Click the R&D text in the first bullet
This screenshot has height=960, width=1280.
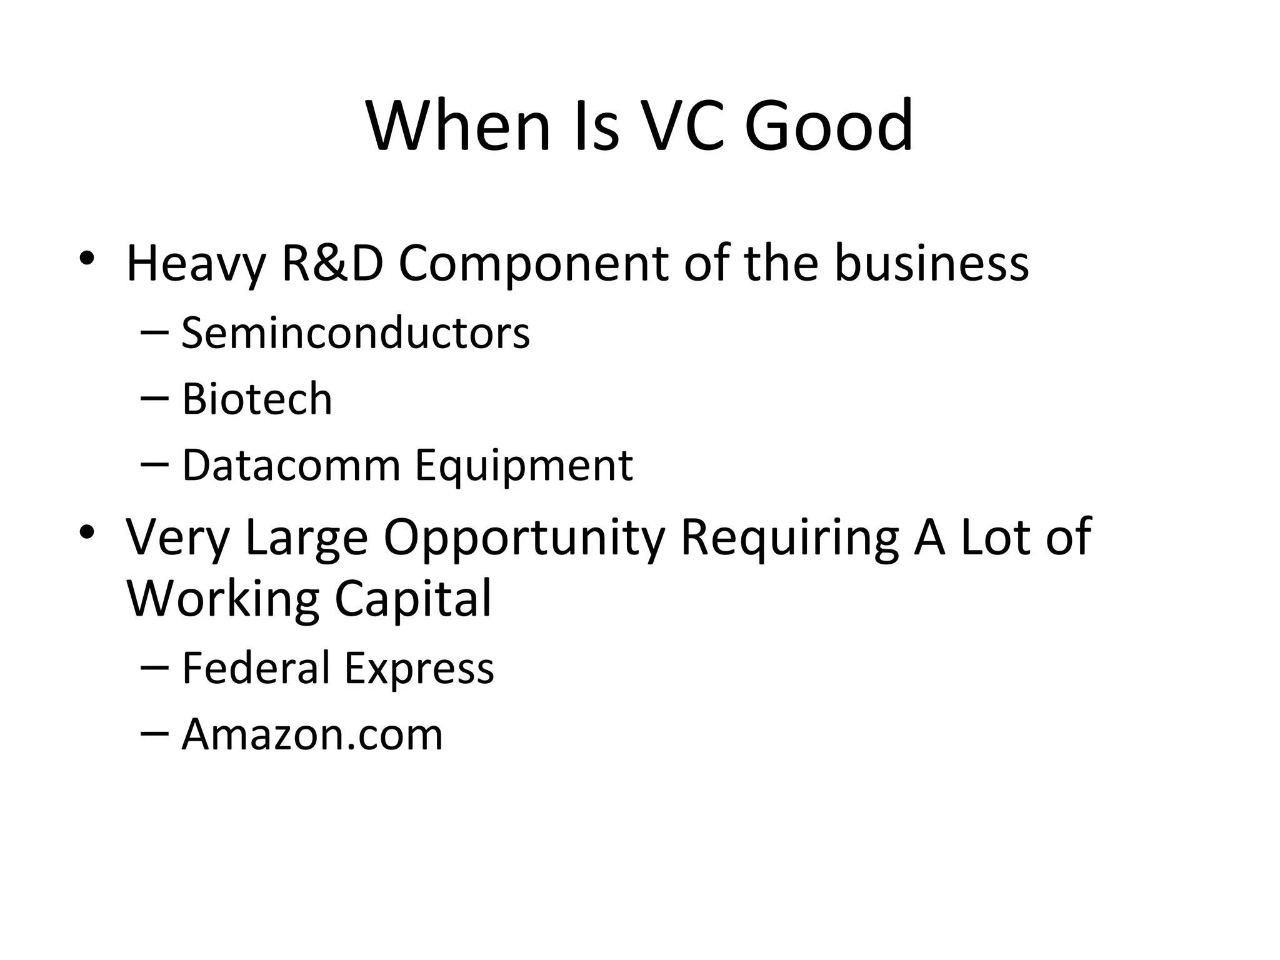tap(332, 263)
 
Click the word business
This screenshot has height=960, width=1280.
tap(931, 263)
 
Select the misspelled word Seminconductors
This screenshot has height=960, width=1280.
tap(356, 332)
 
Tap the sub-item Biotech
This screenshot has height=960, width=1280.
tap(257, 399)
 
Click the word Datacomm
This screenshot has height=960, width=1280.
tap(291, 466)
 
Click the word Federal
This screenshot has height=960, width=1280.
tap(255, 667)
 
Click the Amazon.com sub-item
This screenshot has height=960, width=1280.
tap(312, 734)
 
